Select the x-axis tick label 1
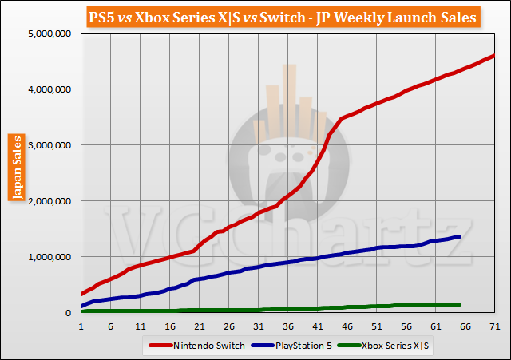click(x=81, y=326)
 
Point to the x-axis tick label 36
click(x=288, y=326)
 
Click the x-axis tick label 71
click(x=495, y=326)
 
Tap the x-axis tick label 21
click(x=200, y=326)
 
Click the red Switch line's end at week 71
click(x=494, y=56)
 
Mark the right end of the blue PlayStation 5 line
click(x=459, y=236)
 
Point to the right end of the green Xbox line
click(x=459, y=304)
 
